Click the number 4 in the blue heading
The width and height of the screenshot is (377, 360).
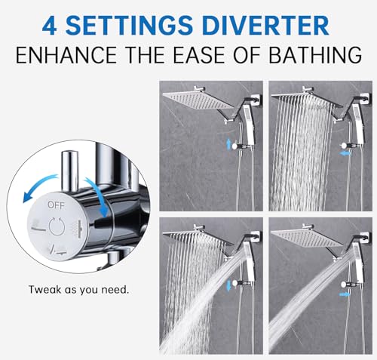click(x=49, y=26)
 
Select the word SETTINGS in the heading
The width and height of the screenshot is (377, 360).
click(x=130, y=26)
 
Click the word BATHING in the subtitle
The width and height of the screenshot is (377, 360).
click(x=315, y=55)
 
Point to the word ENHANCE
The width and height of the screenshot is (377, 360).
click(x=66, y=55)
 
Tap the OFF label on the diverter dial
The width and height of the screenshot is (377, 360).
click(x=56, y=205)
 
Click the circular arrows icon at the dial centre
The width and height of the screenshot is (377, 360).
click(x=57, y=226)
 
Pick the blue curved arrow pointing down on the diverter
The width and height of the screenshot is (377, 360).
click(x=98, y=194)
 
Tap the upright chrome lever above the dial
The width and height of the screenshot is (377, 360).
click(x=69, y=171)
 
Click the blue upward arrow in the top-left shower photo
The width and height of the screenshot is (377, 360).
click(x=228, y=144)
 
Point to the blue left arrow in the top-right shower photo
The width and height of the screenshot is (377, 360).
click(x=345, y=153)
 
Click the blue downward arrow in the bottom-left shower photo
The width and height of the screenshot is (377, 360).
click(x=229, y=286)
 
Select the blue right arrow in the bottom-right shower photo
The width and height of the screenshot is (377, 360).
click(x=345, y=294)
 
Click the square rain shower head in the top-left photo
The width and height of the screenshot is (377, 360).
click(x=198, y=100)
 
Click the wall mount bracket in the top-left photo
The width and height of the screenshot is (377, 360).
click(x=256, y=100)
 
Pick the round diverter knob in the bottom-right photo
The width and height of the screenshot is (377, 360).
click(x=343, y=285)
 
